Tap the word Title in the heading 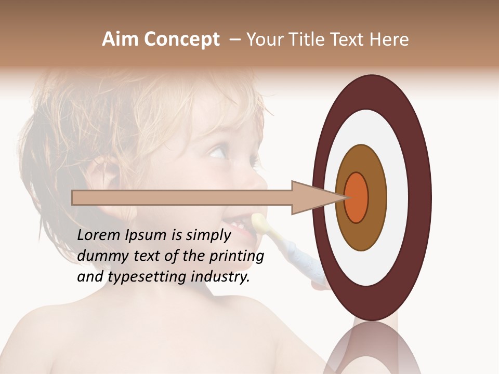click(x=311, y=39)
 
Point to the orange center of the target click(x=357, y=197)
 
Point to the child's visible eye click(x=217, y=152)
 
